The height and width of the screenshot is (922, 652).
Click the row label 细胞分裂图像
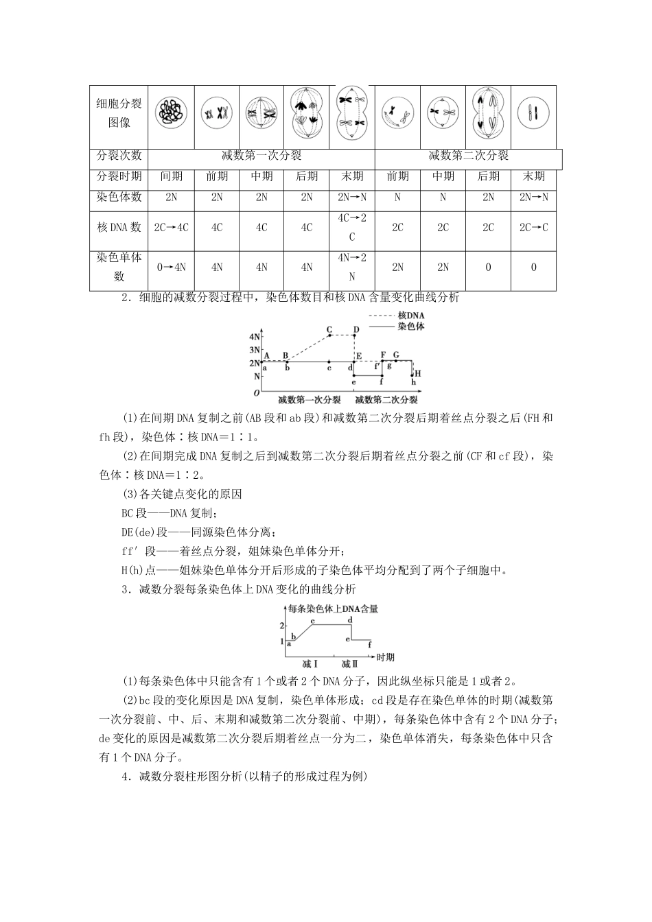click(x=119, y=113)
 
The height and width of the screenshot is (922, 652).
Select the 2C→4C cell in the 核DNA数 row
click(x=172, y=227)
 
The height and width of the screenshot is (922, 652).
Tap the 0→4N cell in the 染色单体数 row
click(x=172, y=268)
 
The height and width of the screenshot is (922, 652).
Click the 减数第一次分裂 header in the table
click(x=261, y=156)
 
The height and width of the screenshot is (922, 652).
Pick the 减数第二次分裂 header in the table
click(x=468, y=156)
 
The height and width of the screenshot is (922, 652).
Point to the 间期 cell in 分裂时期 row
click(x=172, y=176)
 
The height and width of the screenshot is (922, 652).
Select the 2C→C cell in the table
click(x=533, y=227)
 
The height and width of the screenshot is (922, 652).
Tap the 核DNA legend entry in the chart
click(x=410, y=316)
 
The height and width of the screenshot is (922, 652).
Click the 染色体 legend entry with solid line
click(x=410, y=326)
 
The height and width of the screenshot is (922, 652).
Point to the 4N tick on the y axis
click(x=255, y=336)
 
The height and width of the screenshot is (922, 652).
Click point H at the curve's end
click(x=417, y=373)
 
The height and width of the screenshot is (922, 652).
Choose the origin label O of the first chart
click(x=256, y=394)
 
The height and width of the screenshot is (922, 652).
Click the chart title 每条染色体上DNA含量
click(x=334, y=608)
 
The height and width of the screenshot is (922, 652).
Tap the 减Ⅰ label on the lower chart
click(x=310, y=664)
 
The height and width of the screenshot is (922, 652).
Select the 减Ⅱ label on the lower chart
click(x=350, y=664)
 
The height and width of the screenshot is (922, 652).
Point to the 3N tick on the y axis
click(x=255, y=350)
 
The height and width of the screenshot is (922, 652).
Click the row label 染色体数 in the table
click(x=119, y=197)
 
